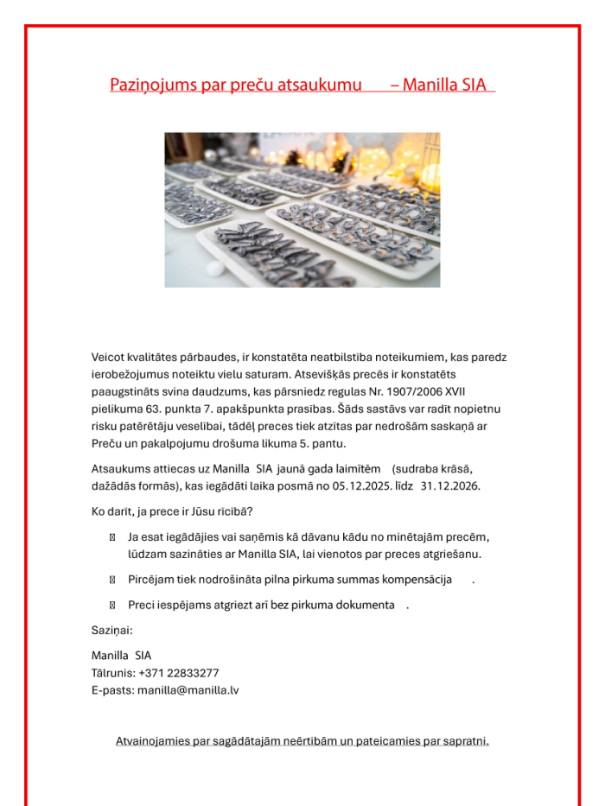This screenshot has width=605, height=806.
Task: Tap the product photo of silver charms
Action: (x=302, y=209)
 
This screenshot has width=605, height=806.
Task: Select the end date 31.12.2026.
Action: (x=450, y=486)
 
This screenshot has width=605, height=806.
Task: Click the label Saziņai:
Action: (x=112, y=630)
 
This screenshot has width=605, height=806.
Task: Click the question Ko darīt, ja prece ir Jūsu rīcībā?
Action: (x=172, y=511)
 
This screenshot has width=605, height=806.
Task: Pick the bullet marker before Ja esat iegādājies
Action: (x=112, y=537)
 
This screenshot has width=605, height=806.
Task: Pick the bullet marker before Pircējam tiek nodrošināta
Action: (x=112, y=579)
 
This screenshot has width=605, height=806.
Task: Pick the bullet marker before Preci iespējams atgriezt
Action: (x=112, y=605)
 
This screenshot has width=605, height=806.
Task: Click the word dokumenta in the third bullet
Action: (x=362, y=605)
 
